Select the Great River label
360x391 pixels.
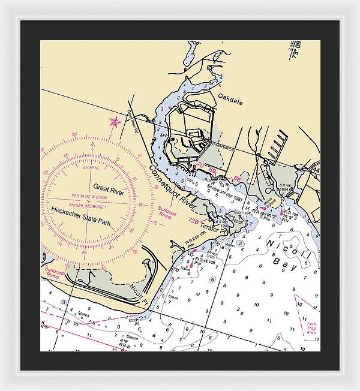[x=107, y=187]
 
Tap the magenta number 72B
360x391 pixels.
[x=193, y=221]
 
